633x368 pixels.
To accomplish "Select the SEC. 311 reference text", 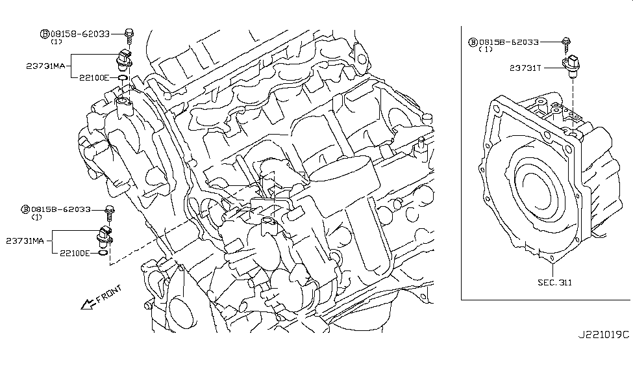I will [554, 282].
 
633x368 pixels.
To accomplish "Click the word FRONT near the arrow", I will [108, 293].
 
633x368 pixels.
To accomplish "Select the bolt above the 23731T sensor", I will [567, 43].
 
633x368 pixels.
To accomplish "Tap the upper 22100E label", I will [93, 77].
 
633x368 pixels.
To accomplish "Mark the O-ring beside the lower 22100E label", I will [103, 252].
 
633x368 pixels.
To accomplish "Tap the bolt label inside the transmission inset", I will [508, 42].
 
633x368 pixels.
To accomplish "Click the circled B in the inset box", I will [473, 42].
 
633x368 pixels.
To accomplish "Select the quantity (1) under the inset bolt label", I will [485, 49].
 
